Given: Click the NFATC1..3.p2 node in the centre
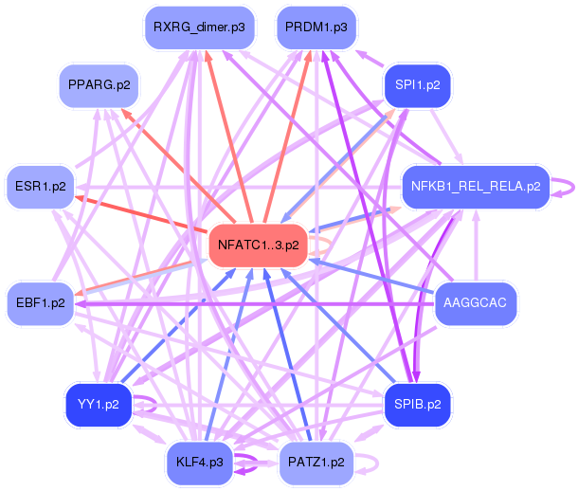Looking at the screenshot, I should click(258, 245).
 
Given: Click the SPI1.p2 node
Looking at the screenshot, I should click(417, 85).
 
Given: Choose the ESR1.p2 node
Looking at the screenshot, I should click(40, 186).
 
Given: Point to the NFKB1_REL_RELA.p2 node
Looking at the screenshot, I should click(476, 186).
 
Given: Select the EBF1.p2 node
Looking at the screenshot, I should click(40, 303).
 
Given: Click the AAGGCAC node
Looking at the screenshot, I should click(476, 303).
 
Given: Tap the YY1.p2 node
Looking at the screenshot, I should click(99, 405).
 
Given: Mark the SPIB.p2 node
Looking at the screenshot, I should click(417, 405).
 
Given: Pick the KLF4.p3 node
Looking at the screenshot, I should click(199, 463).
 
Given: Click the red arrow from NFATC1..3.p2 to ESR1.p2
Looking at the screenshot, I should click(142, 214).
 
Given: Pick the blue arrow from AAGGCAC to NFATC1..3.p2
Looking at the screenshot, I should click(370, 275).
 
